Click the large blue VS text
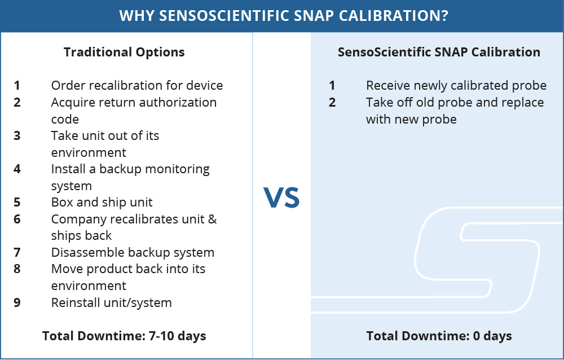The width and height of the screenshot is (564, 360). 281,197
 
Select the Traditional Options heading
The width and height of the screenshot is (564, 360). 124,52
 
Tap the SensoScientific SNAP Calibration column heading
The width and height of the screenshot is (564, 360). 439,52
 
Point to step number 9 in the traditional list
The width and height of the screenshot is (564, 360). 17,303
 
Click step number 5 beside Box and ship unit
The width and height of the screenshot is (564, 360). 17,203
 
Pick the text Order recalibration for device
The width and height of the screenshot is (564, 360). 137,85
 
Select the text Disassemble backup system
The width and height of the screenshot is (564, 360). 133,252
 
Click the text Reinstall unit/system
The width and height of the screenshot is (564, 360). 112,303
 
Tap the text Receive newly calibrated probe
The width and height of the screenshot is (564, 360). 456,85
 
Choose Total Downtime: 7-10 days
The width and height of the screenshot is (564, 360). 124,336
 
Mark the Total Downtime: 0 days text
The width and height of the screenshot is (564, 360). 439,336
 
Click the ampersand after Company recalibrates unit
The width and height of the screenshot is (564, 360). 213,219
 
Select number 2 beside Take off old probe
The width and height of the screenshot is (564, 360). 332,103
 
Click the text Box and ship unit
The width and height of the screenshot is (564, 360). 102,203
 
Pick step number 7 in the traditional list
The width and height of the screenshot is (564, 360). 17,253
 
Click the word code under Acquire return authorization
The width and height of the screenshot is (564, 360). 65,120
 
